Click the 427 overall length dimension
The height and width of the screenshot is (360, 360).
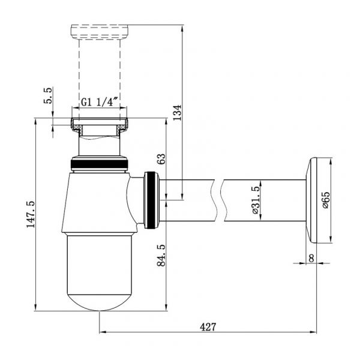point(208,327)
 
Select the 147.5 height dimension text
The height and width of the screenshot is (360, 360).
point(31,214)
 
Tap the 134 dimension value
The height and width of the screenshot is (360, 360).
point(177,113)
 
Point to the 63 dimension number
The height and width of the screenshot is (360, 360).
point(161,158)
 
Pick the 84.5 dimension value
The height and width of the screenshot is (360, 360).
point(161,256)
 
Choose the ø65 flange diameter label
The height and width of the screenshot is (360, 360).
point(326,200)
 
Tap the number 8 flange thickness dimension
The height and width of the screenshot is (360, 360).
point(311,258)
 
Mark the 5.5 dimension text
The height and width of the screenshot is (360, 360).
point(48,95)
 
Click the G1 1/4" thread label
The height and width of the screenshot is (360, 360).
point(100,102)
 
